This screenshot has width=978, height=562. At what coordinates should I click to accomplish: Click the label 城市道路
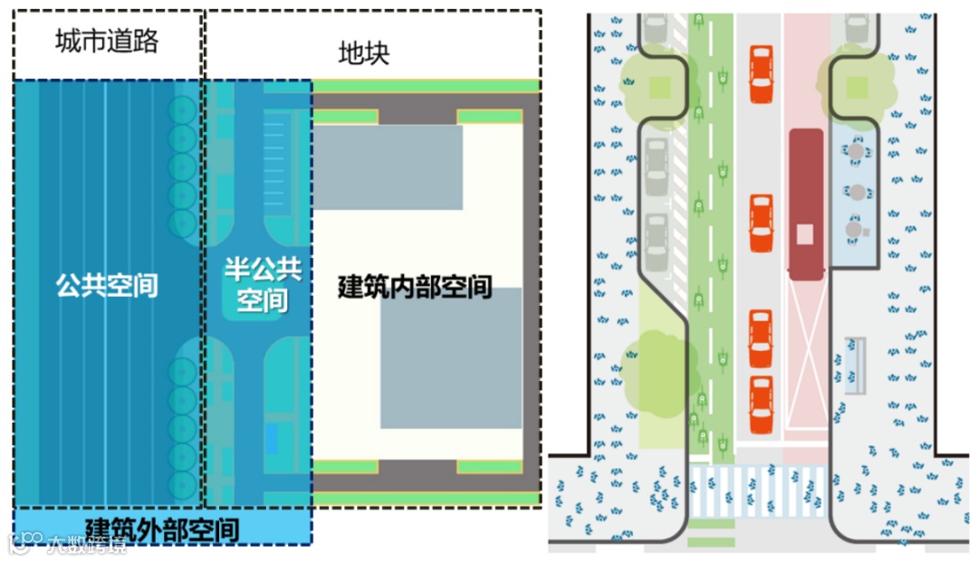(106, 41)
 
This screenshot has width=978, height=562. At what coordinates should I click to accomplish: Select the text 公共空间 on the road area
(107, 286)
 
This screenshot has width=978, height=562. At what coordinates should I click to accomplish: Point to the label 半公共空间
(262, 285)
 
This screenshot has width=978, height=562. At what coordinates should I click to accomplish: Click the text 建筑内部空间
(415, 287)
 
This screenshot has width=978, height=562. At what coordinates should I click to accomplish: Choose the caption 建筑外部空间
(163, 529)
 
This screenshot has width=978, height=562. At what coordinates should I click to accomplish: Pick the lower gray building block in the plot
(451, 358)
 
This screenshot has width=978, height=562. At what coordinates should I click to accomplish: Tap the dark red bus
(805, 203)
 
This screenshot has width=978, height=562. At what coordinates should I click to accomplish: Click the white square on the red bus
(805, 233)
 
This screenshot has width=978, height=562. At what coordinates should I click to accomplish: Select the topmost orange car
(762, 75)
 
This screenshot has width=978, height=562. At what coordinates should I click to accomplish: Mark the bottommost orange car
(762, 405)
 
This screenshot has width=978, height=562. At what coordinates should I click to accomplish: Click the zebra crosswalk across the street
(759, 492)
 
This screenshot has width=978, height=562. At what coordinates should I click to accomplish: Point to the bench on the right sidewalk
(855, 364)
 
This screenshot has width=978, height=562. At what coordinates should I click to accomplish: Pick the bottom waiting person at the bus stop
(855, 230)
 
